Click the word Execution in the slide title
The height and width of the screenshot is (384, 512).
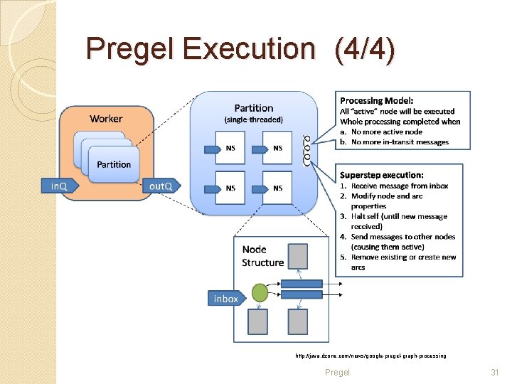click(248, 49)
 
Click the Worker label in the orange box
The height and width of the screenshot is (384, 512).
click(106, 119)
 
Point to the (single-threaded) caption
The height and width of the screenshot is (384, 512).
click(254, 119)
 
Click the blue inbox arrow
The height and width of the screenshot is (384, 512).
click(226, 299)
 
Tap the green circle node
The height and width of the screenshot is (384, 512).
click(260, 293)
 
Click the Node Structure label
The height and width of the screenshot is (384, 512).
click(262, 256)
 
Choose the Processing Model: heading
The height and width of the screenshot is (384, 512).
click(377, 101)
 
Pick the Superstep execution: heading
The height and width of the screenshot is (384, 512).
click(382, 175)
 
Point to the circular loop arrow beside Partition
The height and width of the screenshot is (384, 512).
click(307, 149)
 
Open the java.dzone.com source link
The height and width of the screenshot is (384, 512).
click(370, 355)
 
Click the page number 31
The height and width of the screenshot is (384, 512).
click(495, 373)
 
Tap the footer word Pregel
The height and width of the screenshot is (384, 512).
click(337, 373)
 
